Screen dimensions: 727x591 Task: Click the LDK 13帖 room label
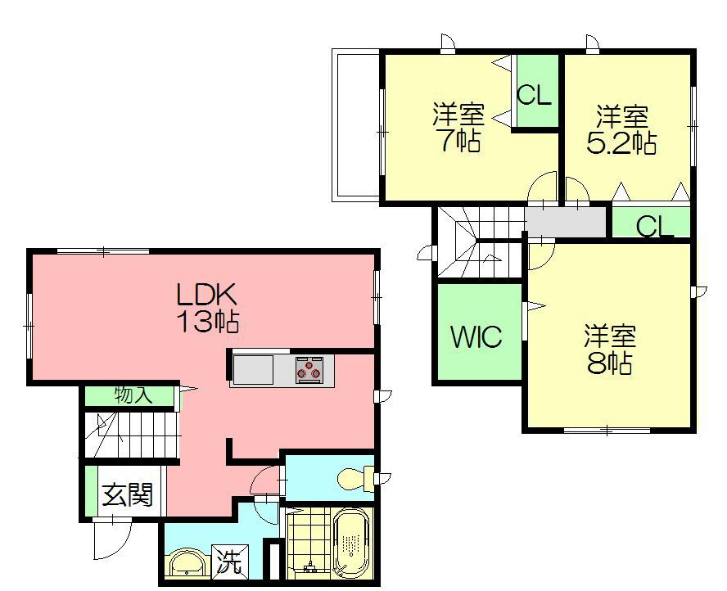208,307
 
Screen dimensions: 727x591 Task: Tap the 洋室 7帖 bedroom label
459,127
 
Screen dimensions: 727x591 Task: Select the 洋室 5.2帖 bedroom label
621,129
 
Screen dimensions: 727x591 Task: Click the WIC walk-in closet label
476,336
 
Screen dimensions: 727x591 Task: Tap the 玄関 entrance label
127,495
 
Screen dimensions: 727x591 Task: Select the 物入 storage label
133,395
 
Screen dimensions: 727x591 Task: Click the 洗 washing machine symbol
230,562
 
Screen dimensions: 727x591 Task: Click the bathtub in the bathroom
350,544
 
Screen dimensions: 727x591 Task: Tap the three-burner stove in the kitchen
309,369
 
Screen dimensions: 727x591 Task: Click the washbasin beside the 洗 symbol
186,564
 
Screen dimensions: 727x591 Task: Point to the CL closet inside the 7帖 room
536,91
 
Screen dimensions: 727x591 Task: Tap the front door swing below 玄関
111,539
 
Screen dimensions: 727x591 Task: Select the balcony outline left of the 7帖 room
356,125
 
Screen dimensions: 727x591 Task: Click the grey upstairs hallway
566,222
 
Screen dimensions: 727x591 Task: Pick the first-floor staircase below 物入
132,435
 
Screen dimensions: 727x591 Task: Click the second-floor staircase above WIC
481,242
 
